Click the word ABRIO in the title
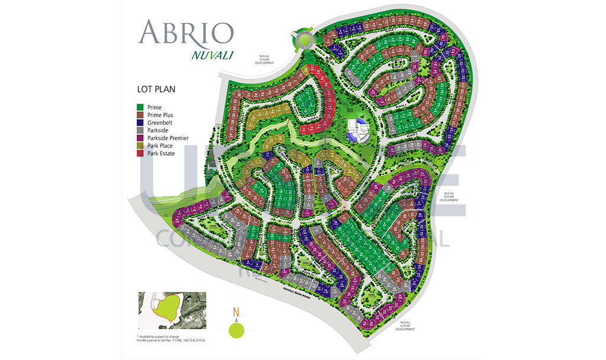coord(185,33)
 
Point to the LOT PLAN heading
coord(156,90)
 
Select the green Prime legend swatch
coord(140,107)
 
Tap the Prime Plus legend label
coord(160,115)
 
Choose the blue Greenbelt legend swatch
coord(140,123)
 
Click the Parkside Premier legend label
coord(168,138)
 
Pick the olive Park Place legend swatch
coord(140,146)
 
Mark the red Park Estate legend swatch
coord(140,153)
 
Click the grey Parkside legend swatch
coord(140,130)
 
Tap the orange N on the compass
coord(236,313)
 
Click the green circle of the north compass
coord(236,329)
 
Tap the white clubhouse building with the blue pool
coord(357,129)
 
